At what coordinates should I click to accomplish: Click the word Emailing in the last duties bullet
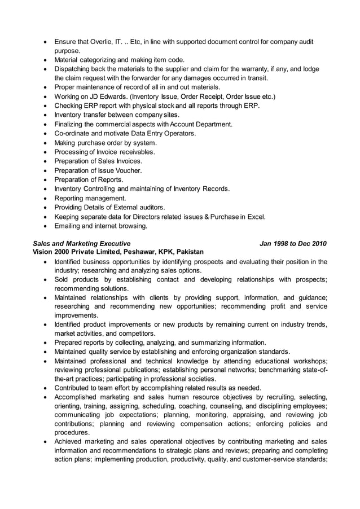(70, 226)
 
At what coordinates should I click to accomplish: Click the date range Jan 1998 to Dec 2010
(293, 244)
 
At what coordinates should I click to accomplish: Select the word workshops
(308, 361)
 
